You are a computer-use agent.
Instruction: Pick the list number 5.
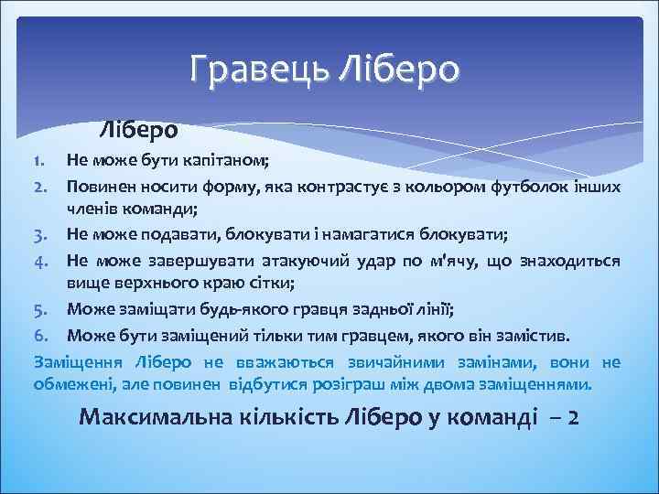pyautogui.click(x=40, y=306)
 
